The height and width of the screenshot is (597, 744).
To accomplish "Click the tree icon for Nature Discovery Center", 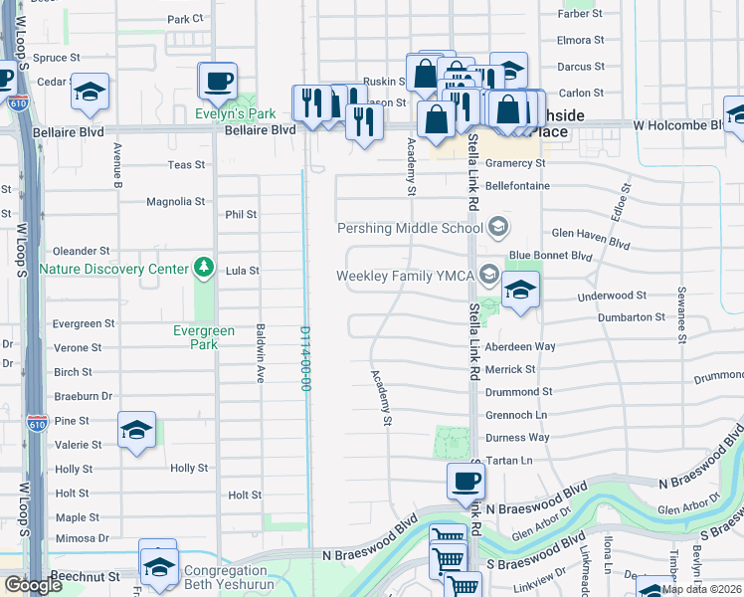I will pyautogui.click(x=204, y=268).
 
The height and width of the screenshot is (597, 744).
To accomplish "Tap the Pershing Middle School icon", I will pyautogui.click(x=498, y=228).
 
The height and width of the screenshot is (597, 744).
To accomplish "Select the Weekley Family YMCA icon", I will pyautogui.click(x=487, y=275).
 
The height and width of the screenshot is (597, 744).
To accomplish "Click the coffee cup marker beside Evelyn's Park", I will pyautogui.click(x=219, y=81).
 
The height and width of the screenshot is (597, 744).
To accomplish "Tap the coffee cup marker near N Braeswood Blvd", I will pyautogui.click(x=465, y=482).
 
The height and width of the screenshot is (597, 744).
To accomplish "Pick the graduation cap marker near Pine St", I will pyautogui.click(x=136, y=430).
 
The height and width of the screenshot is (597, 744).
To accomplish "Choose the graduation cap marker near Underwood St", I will pyautogui.click(x=520, y=290).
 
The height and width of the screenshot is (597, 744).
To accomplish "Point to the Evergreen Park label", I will pyautogui.click(x=204, y=338).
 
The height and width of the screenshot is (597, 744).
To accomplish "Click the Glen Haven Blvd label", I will pyautogui.click(x=591, y=243).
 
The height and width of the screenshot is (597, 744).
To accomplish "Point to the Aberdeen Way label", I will pyautogui.click(x=547, y=346).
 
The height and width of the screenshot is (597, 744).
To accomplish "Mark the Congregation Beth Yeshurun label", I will pyautogui.click(x=226, y=578).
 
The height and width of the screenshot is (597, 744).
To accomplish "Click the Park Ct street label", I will pyautogui.click(x=184, y=19).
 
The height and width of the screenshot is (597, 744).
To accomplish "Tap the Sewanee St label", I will pyautogui.click(x=682, y=314).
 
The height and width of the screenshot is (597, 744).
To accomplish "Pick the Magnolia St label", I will pyautogui.click(x=175, y=201).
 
